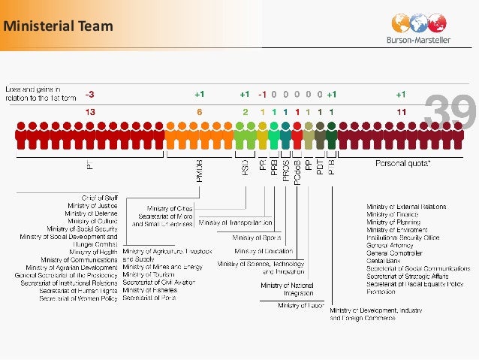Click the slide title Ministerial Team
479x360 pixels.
click(x=58, y=27)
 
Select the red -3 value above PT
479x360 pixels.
click(x=90, y=95)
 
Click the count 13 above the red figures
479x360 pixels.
click(x=89, y=111)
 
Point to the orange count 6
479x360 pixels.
click(x=199, y=111)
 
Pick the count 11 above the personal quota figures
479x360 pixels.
click(x=402, y=111)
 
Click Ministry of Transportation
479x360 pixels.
click(x=236, y=223)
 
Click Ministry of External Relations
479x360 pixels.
click(x=406, y=206)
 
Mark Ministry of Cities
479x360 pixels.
click(x=170, y=207)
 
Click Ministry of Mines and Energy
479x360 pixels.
click(x=162, y=266)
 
